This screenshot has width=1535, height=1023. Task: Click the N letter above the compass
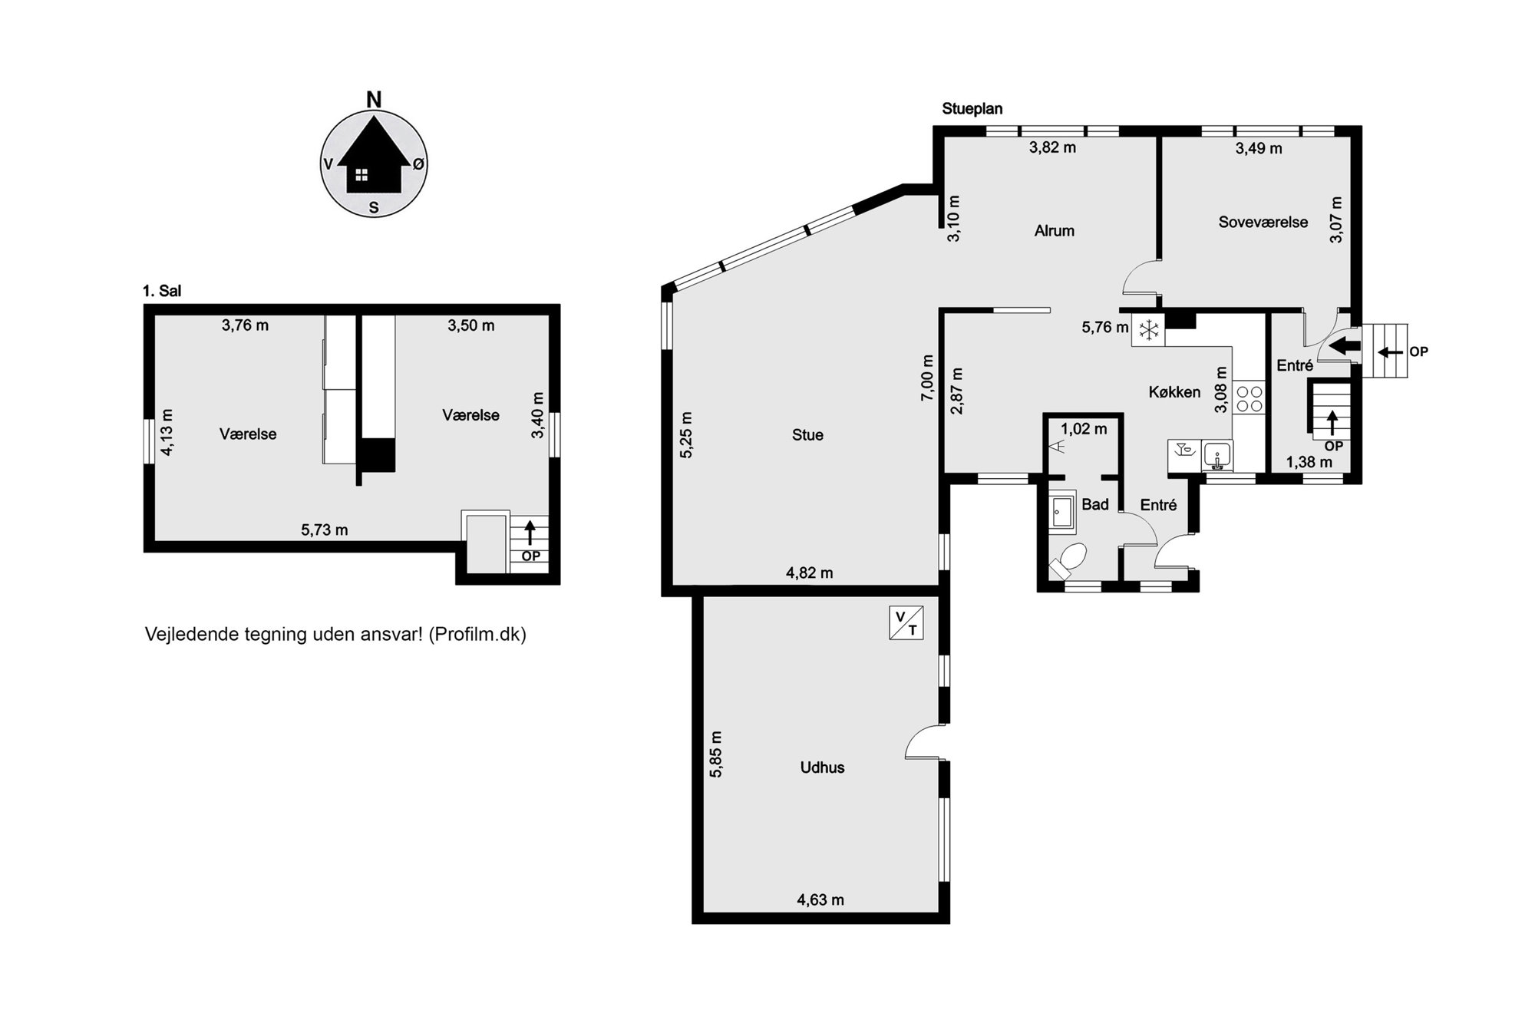(374, 100)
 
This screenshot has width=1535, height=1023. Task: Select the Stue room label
(807, 435)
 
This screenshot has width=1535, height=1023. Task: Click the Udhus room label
(822, 767)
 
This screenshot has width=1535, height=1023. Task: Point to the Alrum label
(1054, 231)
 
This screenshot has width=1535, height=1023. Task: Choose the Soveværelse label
(1263, 223)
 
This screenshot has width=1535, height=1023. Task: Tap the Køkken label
(1174, 392)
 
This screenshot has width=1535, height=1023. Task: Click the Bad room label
(1095, 504)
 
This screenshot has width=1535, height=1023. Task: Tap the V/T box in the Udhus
(906, 622)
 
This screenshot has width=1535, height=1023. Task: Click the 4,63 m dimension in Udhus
(820, 900)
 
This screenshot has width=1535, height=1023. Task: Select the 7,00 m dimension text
(928, 378)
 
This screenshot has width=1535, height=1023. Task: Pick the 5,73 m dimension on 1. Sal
(324, 530)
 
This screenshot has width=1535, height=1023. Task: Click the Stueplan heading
(972, 109)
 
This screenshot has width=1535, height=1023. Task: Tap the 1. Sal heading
(162, 291)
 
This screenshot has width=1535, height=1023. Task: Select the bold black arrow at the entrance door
(1343, 346)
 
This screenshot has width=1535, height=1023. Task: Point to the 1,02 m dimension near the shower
(1084, 429)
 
